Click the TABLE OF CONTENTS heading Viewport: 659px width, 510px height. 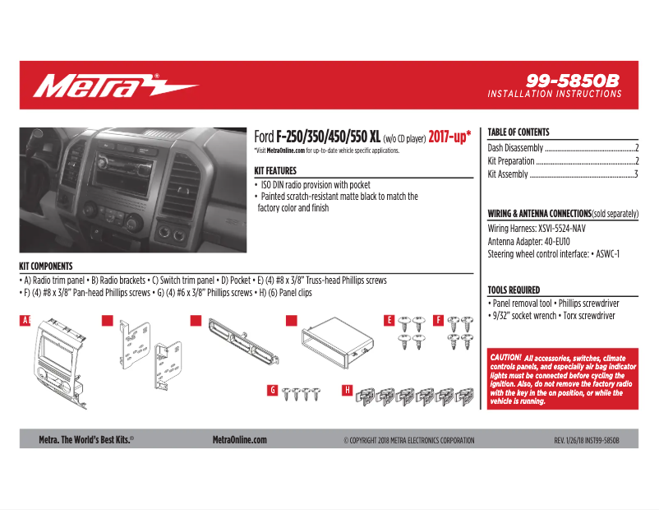coord(518,132)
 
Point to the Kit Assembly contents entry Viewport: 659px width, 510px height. coord(562,174)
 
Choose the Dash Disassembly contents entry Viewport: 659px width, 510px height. coord(562,148)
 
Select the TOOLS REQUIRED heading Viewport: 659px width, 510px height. coord(514,290)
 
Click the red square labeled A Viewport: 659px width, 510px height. coord(25,321)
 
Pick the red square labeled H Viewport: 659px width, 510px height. coord(348,389)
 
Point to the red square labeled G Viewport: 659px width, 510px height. coord(272,389)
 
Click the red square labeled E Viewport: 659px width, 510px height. coord(389,321)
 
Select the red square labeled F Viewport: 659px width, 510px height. coord(438,321)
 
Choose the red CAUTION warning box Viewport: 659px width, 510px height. coord(562,379)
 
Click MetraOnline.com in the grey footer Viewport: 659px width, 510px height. coord(239,440)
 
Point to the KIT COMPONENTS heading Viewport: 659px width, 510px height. coord(46,267)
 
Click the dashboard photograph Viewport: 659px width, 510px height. coord(133,190)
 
